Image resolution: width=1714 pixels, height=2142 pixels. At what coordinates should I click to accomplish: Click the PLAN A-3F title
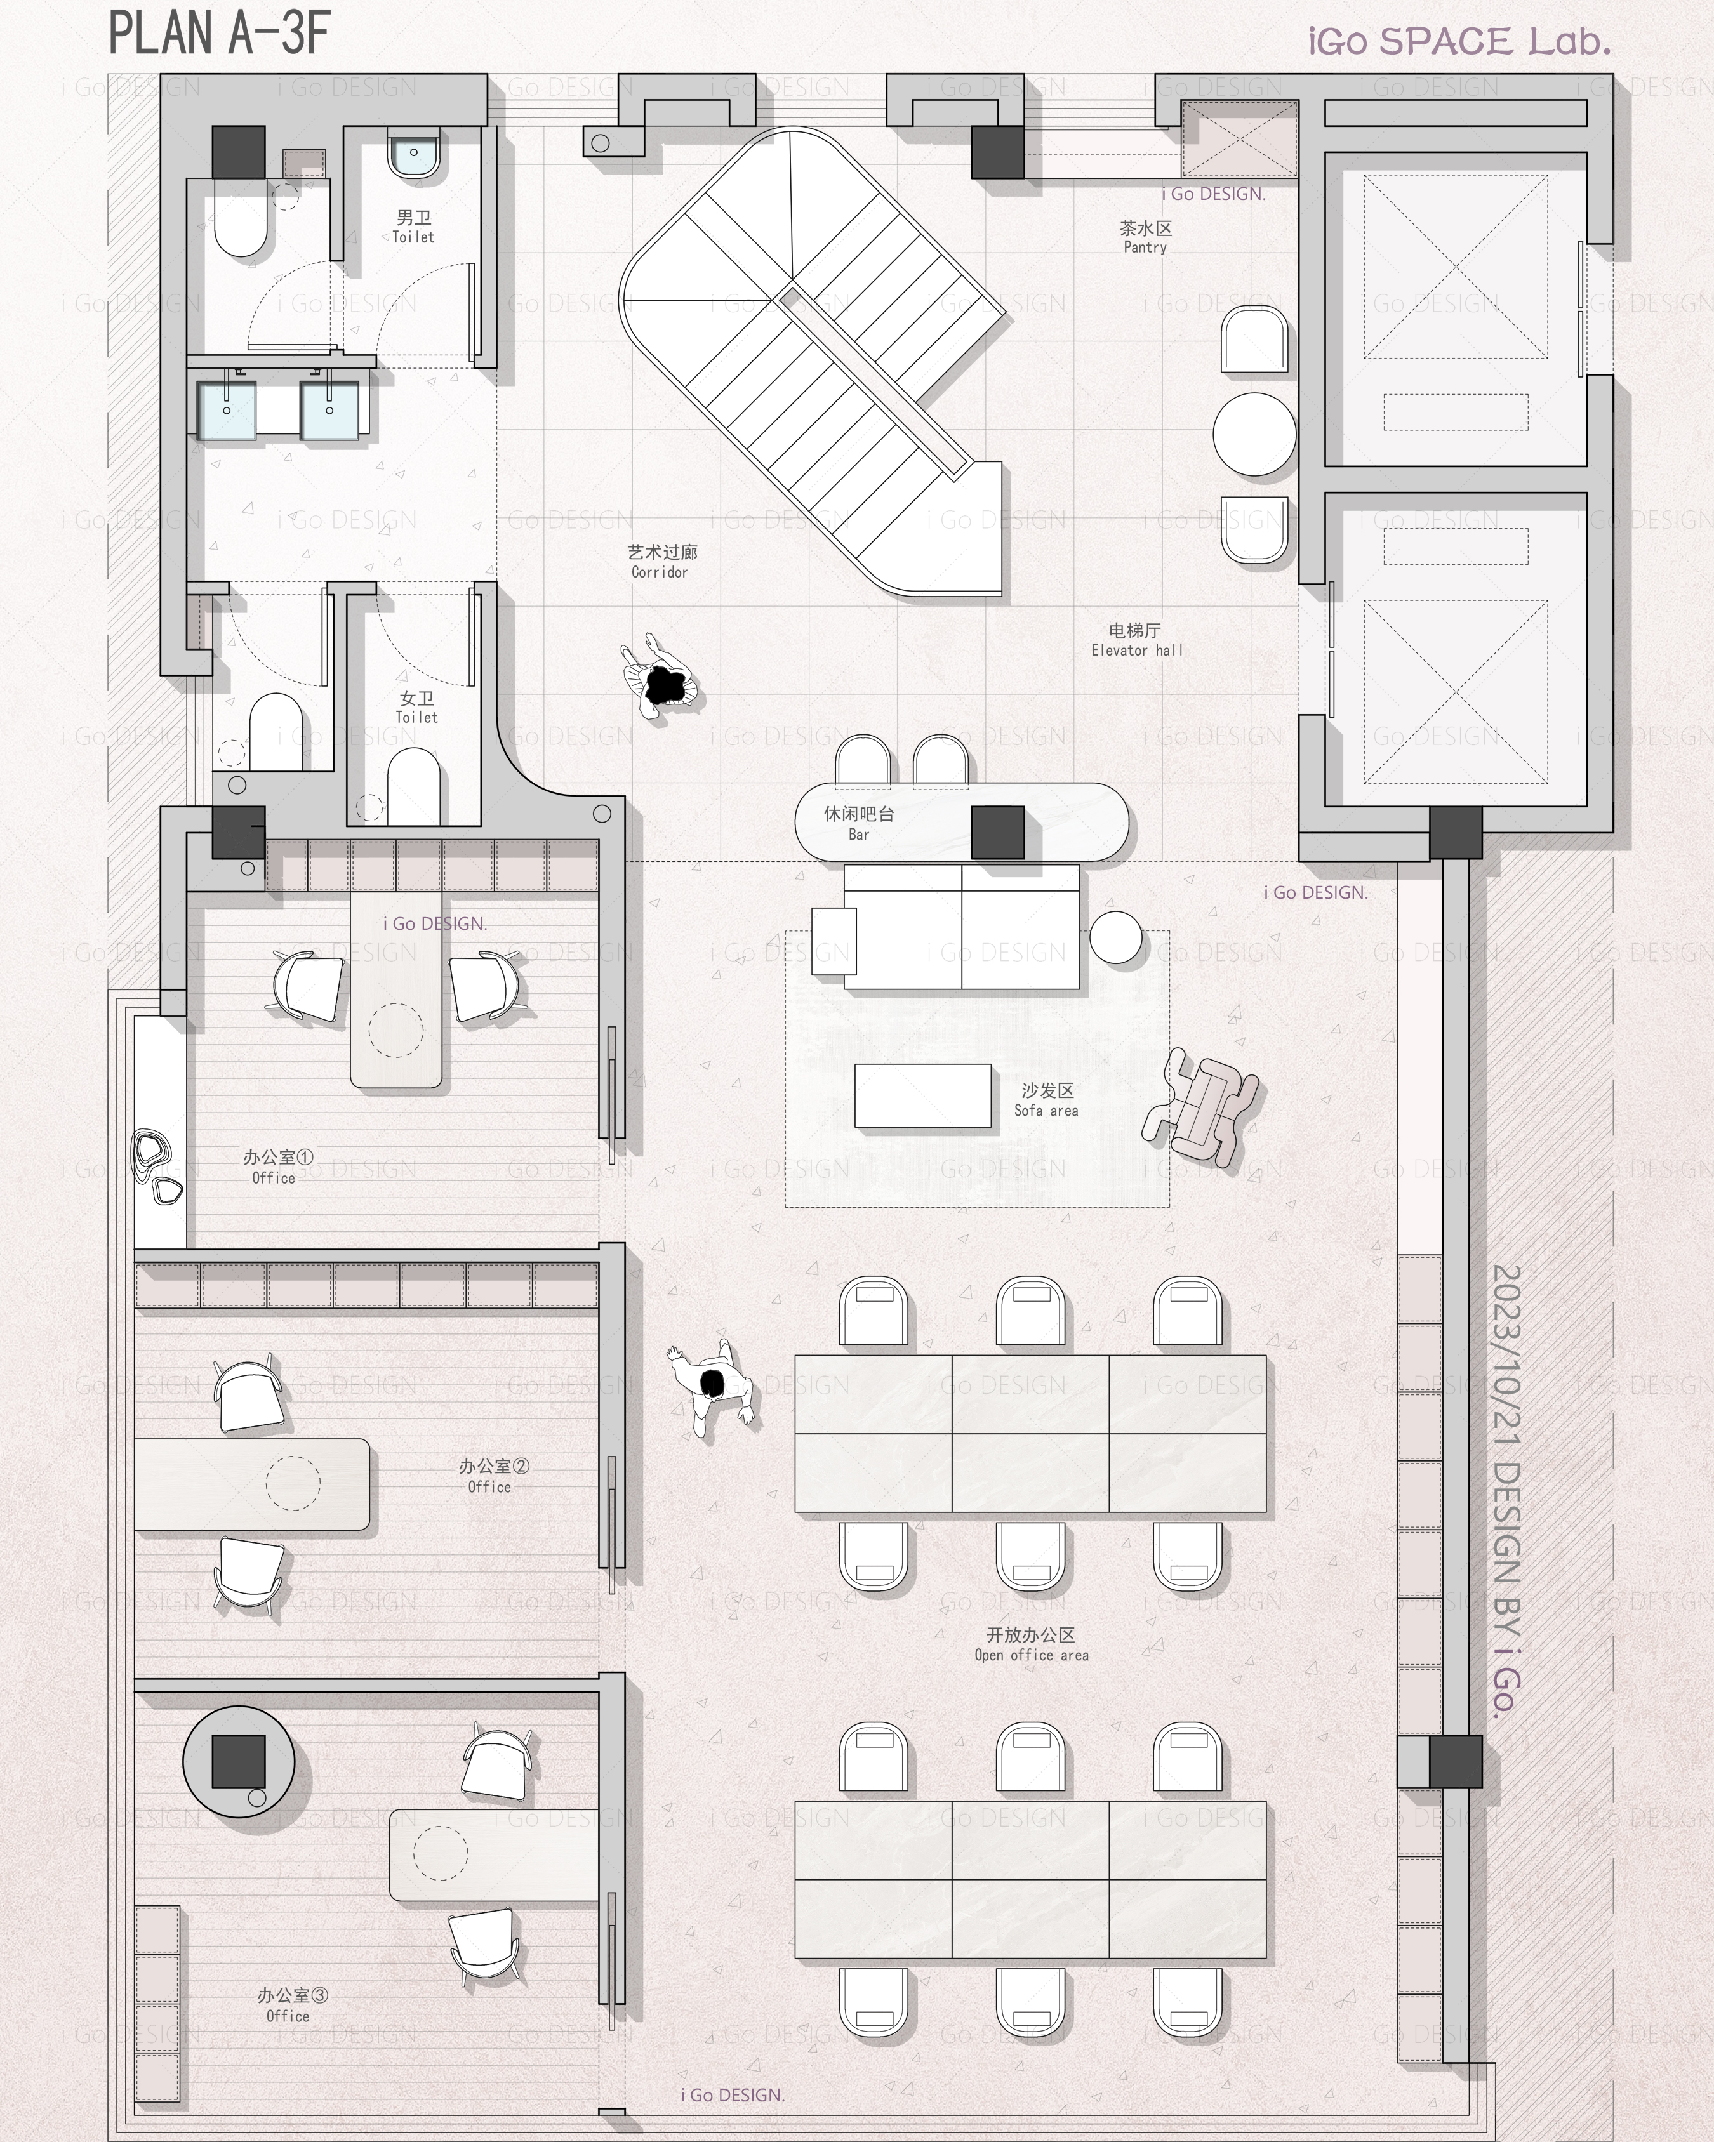coord(218,33)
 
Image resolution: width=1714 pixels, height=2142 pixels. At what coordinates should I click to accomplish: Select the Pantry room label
coord(1146,237)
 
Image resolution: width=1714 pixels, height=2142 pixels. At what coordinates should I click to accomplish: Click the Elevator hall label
coord(1137,640)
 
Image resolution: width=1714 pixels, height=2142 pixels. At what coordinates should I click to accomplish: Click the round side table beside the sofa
coord(1116,937)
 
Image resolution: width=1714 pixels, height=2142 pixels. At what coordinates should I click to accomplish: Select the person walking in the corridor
coord(659,678)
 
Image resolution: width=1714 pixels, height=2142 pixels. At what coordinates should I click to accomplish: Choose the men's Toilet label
coord(413,227)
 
